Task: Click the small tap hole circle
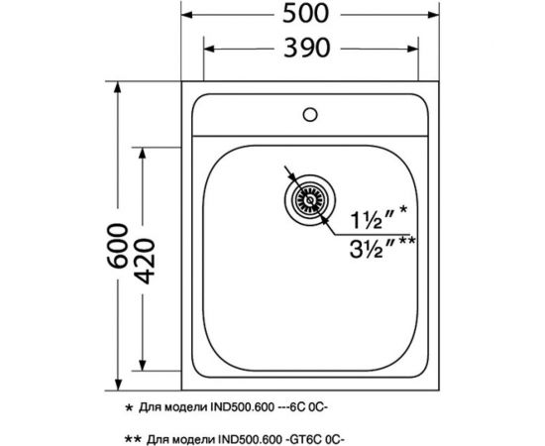(x=311, y=113)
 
